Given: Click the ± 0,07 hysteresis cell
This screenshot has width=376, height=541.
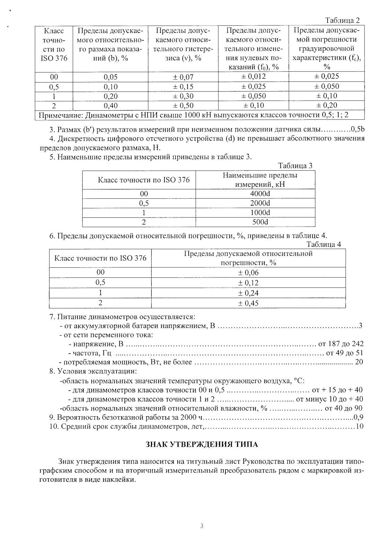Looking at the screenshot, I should (x=183, y=77).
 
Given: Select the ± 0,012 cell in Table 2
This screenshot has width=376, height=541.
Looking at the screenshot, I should (x=253, y=77).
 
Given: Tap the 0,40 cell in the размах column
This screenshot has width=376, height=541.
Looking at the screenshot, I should (x=111, y=105).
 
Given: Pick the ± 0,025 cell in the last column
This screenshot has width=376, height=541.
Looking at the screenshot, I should (x=326, y=76).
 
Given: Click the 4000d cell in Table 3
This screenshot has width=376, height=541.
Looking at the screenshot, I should (x=260, y=194).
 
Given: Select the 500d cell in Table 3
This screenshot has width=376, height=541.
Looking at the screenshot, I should (x=260, y=222).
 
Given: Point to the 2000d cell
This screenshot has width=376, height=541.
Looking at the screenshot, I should (x=260, y=203).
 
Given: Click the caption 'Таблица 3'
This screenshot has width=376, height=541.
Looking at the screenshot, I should (x=295, y=166).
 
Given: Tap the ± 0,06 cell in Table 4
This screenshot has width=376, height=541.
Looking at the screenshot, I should (x=248, y=273).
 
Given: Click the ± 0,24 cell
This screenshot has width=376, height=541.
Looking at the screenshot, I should (x=248, y=293).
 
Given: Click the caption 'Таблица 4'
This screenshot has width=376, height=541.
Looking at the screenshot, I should (x=324, y=244).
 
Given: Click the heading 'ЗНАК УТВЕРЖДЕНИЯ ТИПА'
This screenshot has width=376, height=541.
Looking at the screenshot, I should (x=202, y=444).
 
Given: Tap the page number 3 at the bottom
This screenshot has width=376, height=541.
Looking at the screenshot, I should (x=202, y=526).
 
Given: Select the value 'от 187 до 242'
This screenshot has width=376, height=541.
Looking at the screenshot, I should (x=341, y=344).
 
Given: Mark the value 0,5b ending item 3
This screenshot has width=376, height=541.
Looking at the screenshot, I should (x=357, y=130).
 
